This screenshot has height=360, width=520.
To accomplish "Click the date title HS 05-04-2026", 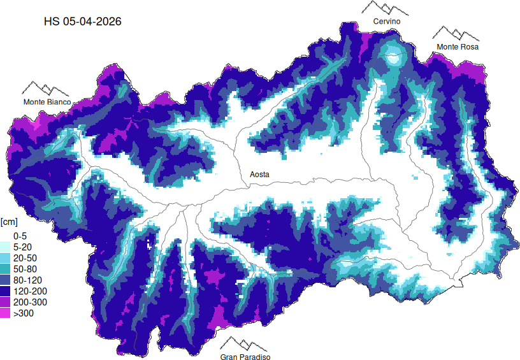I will (x=82, y=21).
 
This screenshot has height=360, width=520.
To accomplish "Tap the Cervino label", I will (x=387, y=22).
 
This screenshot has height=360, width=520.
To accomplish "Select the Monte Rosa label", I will (x=457, y=47).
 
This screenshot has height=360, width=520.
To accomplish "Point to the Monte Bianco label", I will (x=47, y=102).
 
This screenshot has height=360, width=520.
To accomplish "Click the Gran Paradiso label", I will (x=245, y=357).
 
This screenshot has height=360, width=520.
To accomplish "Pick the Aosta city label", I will (x=259, y=174).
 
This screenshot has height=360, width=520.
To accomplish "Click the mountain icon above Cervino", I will (x=385, y=8).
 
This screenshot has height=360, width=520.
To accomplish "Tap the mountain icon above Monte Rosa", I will (x=456, y=33).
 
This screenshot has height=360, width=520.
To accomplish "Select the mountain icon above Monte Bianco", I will (x=45, y=89).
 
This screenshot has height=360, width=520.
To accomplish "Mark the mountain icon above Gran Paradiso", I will (x=245, y=343).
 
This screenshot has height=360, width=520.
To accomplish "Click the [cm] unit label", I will (x=9, y=222).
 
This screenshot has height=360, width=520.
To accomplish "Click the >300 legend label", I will (x=23, y=313).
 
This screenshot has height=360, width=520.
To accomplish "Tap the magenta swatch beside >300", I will (x=5, y=313).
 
